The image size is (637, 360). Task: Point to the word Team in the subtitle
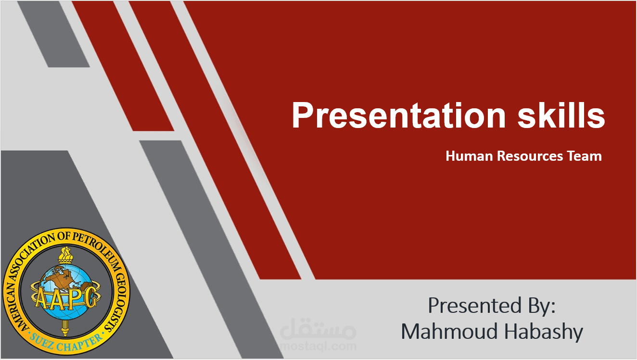[x=584, y=156]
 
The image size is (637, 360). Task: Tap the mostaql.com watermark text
[x=318, y=346]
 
